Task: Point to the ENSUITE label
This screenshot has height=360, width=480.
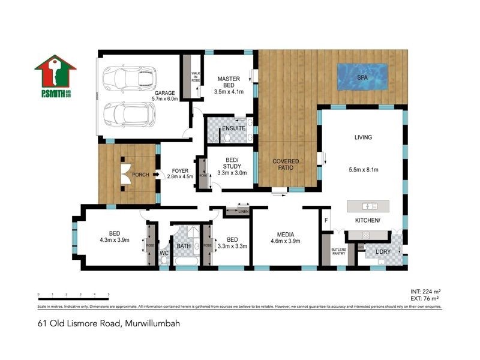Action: pyautogui.click(x=233, y=128)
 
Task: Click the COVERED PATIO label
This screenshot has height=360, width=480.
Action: pyautogui.click(x=286, y=166)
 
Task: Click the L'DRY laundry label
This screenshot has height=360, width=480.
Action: pyautogui.click(x=383, y=253)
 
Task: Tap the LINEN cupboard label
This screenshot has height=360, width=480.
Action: pyautogui.click(x=243, y=211)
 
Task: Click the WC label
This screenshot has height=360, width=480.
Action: pyautogui.click(x=164, y=253)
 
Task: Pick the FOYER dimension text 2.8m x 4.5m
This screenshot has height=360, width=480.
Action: pyautogui.click(x=179, y=176)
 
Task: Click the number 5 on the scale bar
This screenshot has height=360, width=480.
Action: pyautogui.click(x=108, y=295)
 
